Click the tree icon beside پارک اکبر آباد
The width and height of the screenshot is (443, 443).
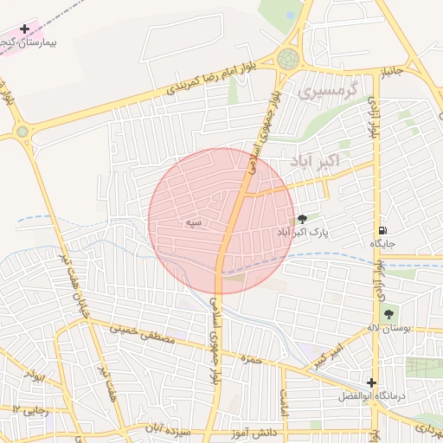pos(301,219)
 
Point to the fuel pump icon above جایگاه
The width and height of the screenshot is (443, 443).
pos(382,231)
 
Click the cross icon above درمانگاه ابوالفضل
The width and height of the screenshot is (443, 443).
pos(371,382)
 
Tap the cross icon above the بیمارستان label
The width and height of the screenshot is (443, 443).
pos(24,29)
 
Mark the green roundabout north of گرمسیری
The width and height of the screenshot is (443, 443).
pos(288,60)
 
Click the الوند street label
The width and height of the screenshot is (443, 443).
pos(35,376)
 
